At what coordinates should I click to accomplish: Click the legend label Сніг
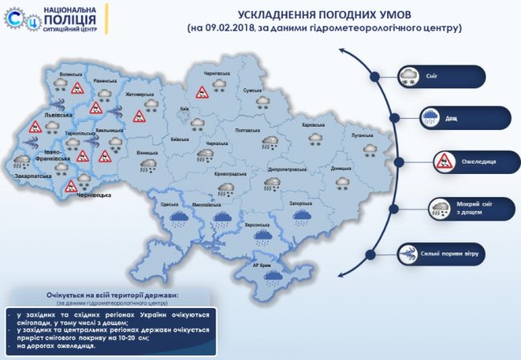click(x=454, y=76)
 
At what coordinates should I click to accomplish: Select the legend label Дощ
click(x=452, y=119)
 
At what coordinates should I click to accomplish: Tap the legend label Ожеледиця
click(x=479, y=161)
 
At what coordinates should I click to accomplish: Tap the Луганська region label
click(x=368, y=137)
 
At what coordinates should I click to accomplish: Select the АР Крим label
click(x=264, y=265)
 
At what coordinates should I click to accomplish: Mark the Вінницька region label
click(x=147, y=152)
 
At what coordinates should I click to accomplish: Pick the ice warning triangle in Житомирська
click(x=138, y=116)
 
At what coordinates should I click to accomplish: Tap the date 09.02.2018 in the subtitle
click(x=230, y=28)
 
